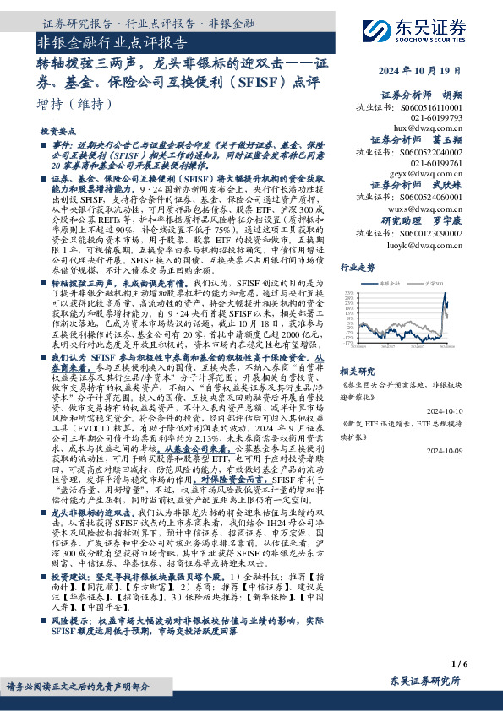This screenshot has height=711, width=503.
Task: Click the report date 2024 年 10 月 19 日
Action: click(x=442, y=70)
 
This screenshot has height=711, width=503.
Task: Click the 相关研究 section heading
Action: click(x=357, y=371)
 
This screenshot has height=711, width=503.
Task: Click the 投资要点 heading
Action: click(x=57, y=133)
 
